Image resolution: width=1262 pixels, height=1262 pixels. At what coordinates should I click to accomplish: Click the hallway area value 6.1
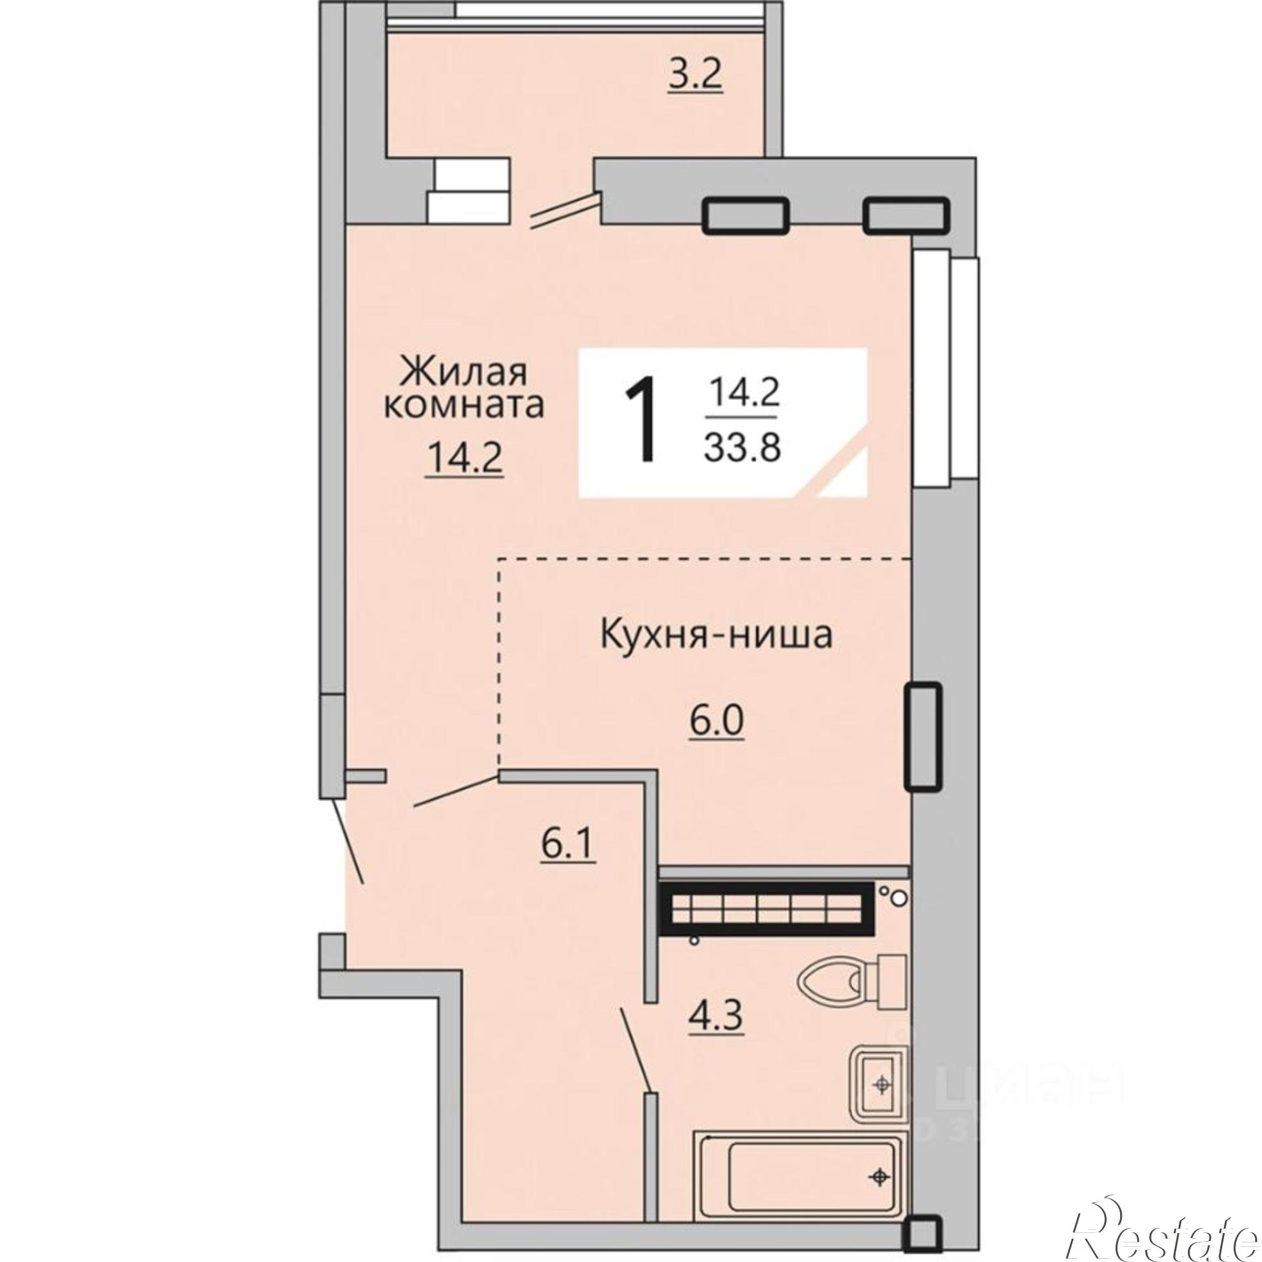pos(567,847)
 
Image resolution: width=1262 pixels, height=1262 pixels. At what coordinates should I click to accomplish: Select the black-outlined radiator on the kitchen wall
pos(923,736)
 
